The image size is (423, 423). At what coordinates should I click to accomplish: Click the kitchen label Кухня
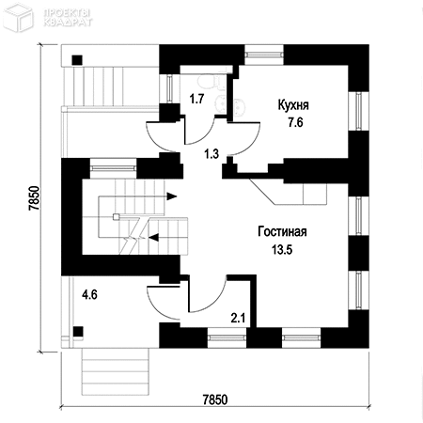click(x=293, y=105)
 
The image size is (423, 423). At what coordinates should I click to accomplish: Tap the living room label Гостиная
click(x=282, y=232)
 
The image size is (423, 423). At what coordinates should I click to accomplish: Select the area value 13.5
click(x=282, y=250)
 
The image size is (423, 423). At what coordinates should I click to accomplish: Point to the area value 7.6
click(x=295, y=122)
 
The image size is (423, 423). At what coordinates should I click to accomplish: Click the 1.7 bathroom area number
click(x=196, y=99)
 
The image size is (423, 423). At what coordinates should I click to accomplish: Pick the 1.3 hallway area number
click(x=211, y=154)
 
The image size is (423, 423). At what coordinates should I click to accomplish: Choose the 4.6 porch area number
click(x=89, y=295)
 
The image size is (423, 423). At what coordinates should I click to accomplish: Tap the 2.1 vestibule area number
click(x=238, y=319)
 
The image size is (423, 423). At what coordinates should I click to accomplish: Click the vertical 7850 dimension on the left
click(x=35, y=198)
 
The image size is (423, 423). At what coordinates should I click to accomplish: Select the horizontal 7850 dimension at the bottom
click(x=215, y=399)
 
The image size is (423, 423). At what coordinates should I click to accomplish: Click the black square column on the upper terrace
click(x=77, y=60)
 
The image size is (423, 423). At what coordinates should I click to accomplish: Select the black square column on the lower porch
click(x=78, y=332)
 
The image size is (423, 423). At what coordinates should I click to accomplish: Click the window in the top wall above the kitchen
click(x=264, y=55)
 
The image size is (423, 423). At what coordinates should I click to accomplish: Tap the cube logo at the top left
click(x=18, y=17)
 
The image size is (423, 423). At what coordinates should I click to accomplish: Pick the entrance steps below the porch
click(x=115, y=372)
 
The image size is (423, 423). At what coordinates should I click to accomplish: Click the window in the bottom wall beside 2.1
click(x=227, y=337)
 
